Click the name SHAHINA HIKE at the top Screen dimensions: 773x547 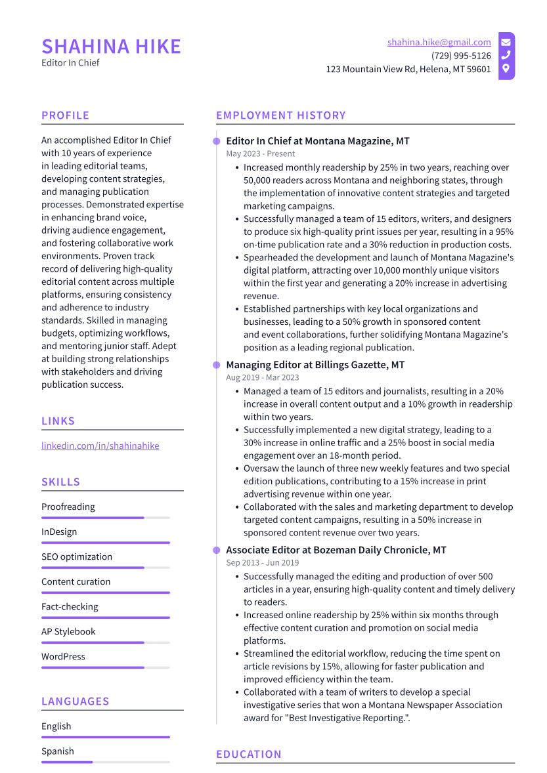[x=111, y=47]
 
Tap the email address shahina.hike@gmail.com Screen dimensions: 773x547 [x=439, y=43]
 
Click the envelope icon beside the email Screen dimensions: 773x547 [x=506, y=43]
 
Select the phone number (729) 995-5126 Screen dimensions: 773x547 [x=461, y=56]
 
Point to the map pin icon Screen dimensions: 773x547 [x=506, y=69]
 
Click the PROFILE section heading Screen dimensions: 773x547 [x=65, y=115]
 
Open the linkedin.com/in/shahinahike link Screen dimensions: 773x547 [x=100, y=446]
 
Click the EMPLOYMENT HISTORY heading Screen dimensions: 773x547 [x=280, y=115]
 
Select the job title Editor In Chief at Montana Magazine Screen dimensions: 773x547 [x=318, y=141]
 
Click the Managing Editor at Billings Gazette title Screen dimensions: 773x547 [x=315, y=365]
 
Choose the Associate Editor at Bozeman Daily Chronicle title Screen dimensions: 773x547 [x=336, y=550]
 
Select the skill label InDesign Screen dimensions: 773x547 [x=59, y=532]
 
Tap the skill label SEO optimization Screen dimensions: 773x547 [x=77, y=557]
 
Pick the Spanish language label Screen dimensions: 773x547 [x=58, y=751]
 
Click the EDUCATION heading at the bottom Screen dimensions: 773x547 [x=249, y=755]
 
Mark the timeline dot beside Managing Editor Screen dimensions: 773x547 [x=216, y=365]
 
